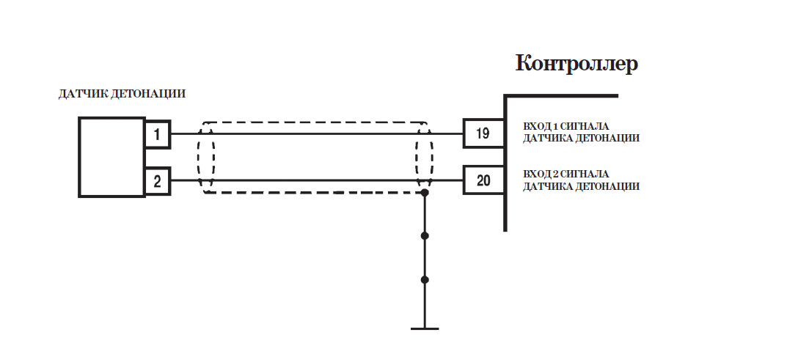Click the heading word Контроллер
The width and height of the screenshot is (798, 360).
coord(576,64)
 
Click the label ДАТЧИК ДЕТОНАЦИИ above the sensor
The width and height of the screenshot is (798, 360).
coord(122,94)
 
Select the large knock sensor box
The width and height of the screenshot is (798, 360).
coord(111,157)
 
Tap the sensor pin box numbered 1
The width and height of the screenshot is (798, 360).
coord(157,134)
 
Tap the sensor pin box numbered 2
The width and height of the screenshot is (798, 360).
coord(157,180)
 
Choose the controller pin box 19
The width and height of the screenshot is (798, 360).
coord(483,133)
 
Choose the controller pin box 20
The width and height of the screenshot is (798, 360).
coord(483,180)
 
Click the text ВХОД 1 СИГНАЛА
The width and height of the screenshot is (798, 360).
coord(565,126)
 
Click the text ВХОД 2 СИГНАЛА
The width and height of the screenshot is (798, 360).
coord(565,175)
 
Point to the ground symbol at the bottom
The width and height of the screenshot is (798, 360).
coord(425,328)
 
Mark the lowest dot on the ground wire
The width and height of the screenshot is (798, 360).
coord(425,280)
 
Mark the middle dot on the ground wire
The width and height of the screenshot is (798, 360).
coord(425,236)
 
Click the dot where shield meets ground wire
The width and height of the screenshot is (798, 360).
coord(425,193)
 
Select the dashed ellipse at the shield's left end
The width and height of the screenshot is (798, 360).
coord(206,157)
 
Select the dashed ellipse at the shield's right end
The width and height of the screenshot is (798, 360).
coord(424,155)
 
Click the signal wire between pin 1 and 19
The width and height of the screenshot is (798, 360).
coord(315,134)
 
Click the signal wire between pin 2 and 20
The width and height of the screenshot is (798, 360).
coord(315,180)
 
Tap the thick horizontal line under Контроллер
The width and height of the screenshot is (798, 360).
coord(561,95)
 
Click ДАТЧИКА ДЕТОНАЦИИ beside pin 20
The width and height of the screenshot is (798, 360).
coord(581,187)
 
